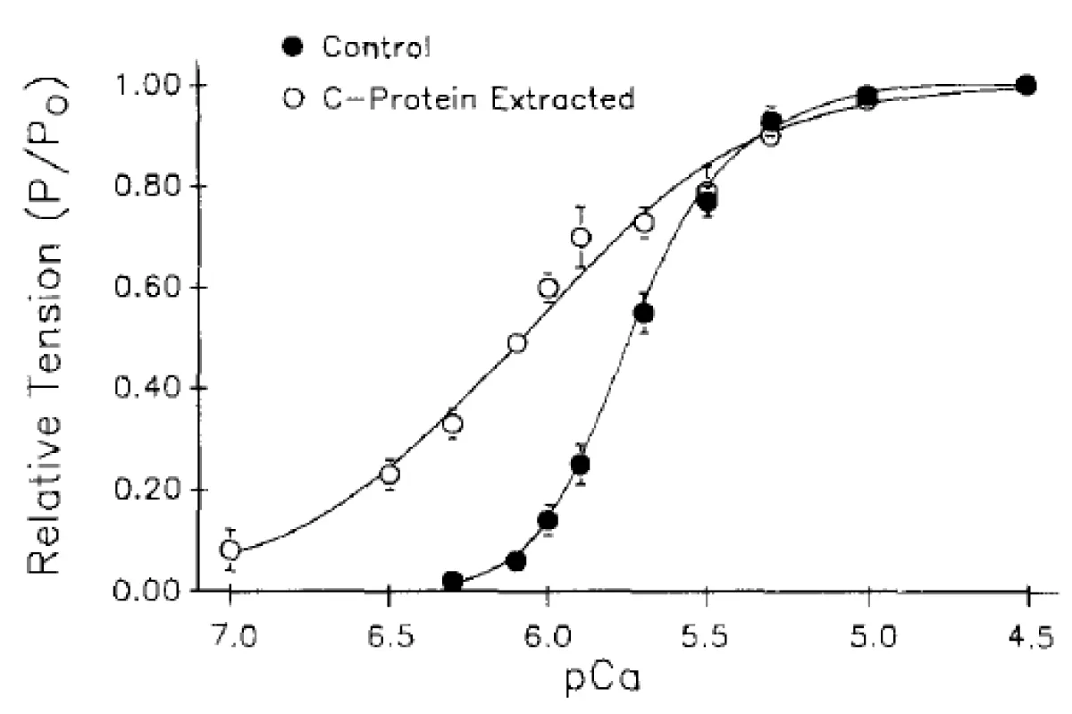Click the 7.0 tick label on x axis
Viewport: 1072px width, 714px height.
[x=230, y=639]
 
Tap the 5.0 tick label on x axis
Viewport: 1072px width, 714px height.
[x=868, y=639]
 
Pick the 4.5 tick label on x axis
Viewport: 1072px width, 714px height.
[x=1028, y=639]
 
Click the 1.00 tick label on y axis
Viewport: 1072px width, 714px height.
[x=155, y=86]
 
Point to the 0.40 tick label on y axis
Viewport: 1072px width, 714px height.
[x=155, y=389]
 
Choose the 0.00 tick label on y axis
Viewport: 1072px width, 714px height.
[x=155, y=591]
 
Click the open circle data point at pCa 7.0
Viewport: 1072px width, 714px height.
[x=230, y=550]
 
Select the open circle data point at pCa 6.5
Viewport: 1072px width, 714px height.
[x=389, y=474]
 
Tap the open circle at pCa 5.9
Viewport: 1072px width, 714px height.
[x=581, y=237]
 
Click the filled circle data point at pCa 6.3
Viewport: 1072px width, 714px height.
[x=453, y=581]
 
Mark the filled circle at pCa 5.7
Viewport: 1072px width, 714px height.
[x=644, y=313]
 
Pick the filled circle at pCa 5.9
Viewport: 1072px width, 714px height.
[x=581, y=465]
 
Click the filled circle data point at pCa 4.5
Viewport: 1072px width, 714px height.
[x=1027, y=86]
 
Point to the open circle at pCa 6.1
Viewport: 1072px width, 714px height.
[x=517, y=343]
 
